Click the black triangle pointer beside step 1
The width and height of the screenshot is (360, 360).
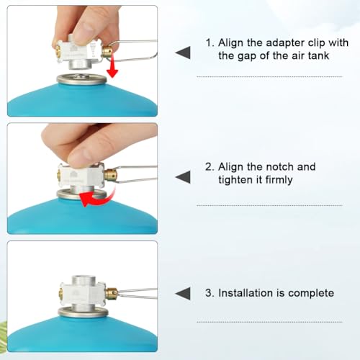pyautogui.click(x=184, y=53)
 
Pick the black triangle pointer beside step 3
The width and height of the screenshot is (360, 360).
pyautogui.click(x=184, y=293)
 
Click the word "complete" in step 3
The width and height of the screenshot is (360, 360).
pyautogui.click(x=311, y=293)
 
